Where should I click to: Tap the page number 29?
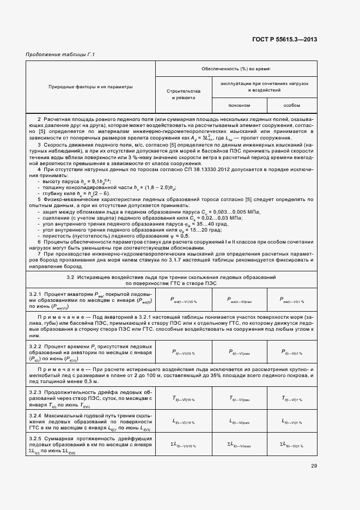[x=314, y=465]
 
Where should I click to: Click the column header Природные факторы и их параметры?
[x=90, y=87]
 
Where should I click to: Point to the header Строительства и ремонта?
[x=183, y=94]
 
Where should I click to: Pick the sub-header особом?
[x=291, y=105]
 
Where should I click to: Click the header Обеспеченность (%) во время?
[x=236, y=69]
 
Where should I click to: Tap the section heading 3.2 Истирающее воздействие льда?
[x=171, y=277]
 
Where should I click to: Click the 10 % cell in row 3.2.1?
[x=183, y=300]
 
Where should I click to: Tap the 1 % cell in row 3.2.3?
[x=291, y=399]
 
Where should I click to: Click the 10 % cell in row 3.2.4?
[x=183, y=422]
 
